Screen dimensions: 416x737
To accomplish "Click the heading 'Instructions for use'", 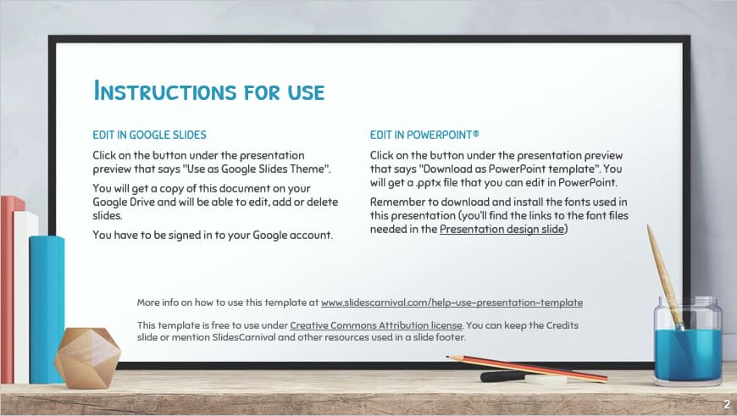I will coord(209,90).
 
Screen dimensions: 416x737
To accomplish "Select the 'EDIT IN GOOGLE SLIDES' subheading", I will coord(149,134).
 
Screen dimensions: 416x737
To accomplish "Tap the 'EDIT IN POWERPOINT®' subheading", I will coord(424,134).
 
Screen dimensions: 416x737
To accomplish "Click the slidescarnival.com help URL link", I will coord(452,302).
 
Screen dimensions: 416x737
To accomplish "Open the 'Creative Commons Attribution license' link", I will coord(375,324).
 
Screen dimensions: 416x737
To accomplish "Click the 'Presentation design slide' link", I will coord(501,229).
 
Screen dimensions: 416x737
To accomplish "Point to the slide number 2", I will coord(727,403).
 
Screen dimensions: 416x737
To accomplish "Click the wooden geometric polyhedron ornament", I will coord(86,357).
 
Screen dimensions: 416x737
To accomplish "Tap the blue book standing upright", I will coord(47,305).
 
